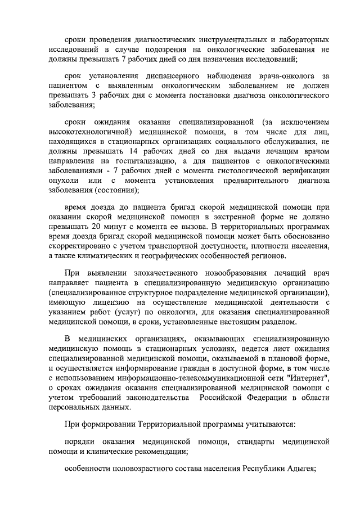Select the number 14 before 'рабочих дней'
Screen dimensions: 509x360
[x=133, y=151]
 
